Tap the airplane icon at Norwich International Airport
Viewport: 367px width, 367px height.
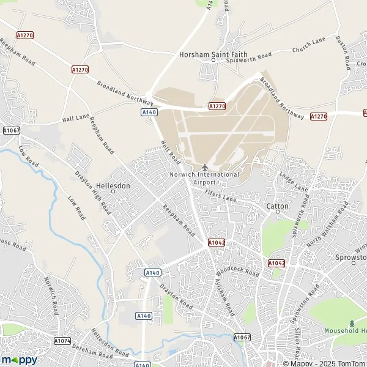(205, 167)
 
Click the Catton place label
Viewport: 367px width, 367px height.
(277, 206)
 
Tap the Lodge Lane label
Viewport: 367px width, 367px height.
(294, 183)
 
